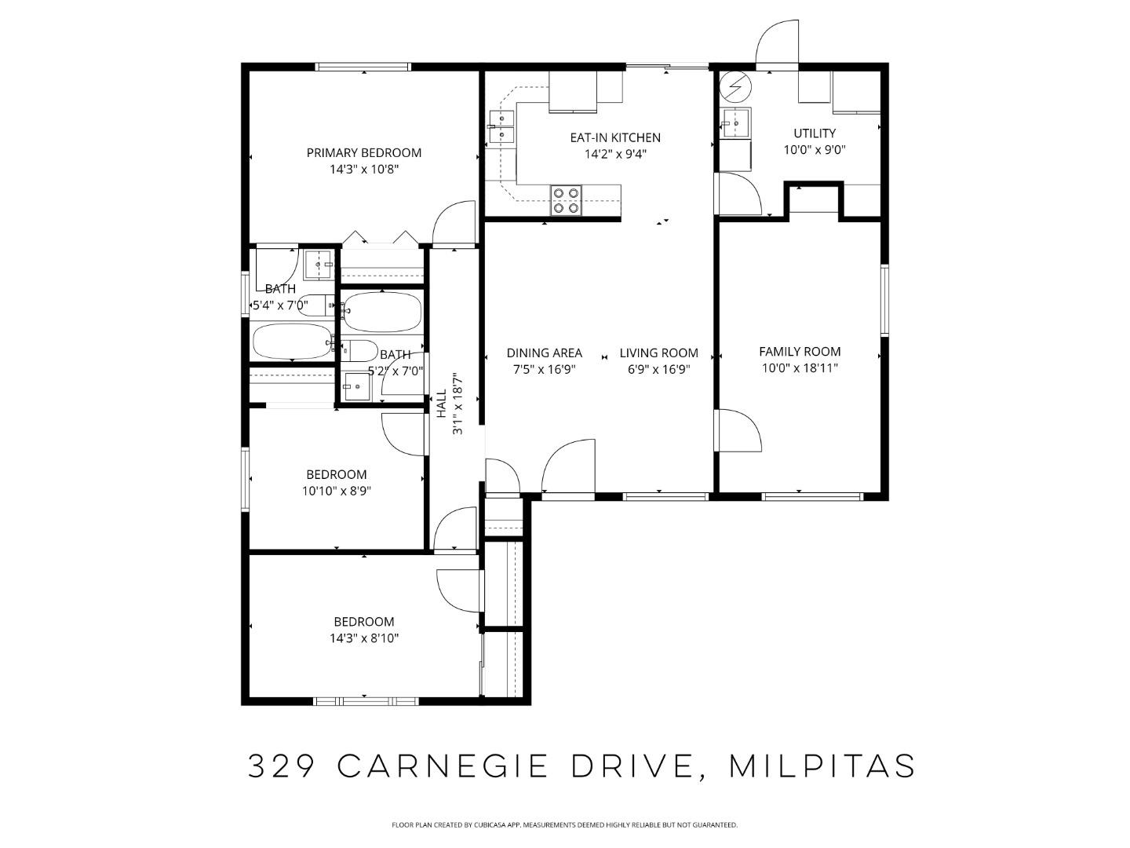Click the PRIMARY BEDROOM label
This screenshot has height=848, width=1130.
363,152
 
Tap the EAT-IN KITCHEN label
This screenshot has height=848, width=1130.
615,137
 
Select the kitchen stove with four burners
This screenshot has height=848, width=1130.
566,200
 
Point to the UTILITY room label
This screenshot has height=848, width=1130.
814,133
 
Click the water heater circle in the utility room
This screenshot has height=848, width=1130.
736,87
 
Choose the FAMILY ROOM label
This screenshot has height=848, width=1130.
800,352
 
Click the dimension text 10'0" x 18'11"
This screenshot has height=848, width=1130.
800,368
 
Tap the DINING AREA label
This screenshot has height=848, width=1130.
544,353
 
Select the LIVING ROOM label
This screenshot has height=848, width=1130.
658,353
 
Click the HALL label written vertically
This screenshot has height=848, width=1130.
441,404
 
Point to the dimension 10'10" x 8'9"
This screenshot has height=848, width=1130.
337,492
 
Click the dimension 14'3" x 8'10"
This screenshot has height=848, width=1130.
364,638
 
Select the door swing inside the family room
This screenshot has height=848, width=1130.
741,430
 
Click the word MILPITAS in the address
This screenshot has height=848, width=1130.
822,766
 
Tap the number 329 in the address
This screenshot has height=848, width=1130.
282,766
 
